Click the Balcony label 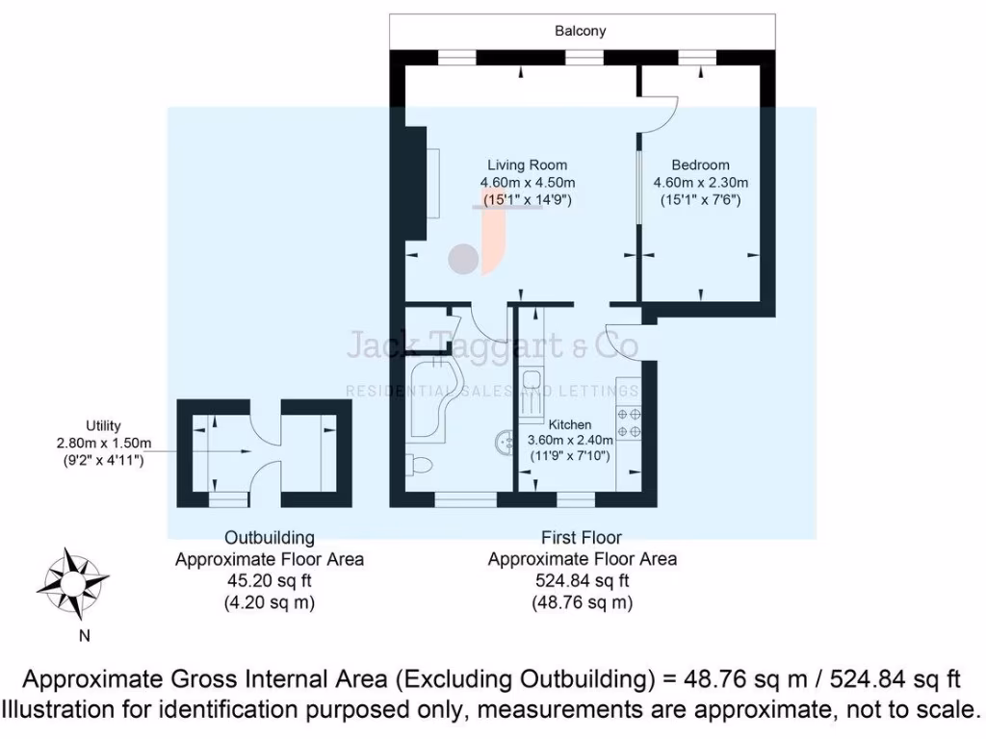click(581, 31)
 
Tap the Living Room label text click(527, 165)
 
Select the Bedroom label click(700, 165)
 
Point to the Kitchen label click(570, 424)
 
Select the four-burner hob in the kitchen click(629, 423)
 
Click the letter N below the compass click(85, 635)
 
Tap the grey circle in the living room click(464, 258)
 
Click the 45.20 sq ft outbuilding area click(269, 580)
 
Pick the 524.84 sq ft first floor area click(582, 580)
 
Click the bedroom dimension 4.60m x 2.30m click(700, 183)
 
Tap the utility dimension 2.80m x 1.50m click(103, 444)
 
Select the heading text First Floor click(582, 538)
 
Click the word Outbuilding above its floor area click(269, 538)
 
